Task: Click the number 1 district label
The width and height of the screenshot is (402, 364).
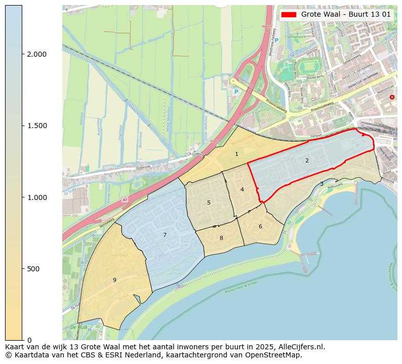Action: tap(236, 154)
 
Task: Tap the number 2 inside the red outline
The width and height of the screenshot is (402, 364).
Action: tap(307, 160)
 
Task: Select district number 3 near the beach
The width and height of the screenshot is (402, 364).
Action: tap(321, 184)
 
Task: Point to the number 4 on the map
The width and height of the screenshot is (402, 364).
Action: tap(242, 189)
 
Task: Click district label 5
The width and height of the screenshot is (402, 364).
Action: tap(209, 203)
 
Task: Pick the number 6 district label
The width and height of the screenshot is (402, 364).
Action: tap(260, 226)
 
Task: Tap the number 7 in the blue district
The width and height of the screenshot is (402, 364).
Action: tap(165, 235)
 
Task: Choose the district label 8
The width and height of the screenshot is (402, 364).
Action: tap(221, 238)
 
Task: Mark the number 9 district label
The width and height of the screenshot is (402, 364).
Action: tap(114, 279)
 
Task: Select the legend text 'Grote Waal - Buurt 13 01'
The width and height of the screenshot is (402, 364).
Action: tap(346, 15)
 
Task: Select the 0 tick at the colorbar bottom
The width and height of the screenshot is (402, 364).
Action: tap(29, 340)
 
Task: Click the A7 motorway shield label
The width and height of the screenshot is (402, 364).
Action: tap(125, 200)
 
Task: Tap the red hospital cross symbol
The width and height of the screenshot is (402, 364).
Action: tap(392, 97)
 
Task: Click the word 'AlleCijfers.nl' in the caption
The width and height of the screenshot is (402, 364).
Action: tap(299, 347)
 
